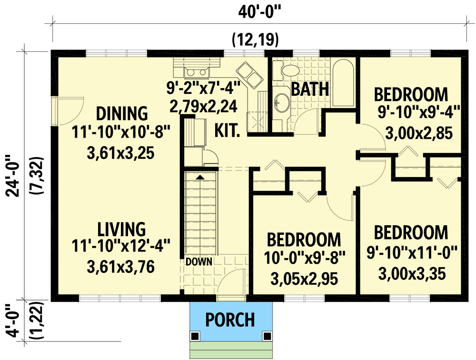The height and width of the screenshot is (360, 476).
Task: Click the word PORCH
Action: (x=230, y=320)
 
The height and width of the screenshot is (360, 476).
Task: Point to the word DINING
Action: (x=122, y=114)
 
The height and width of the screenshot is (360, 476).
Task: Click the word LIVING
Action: (x=122, y=229)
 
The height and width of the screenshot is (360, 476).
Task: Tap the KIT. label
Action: (x=227, y=129)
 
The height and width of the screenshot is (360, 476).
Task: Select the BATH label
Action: (x=310, y=89)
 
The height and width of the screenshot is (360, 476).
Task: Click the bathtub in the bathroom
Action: (x=343, y=83)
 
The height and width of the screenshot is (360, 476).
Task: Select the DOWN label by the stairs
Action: (x=199, y=261)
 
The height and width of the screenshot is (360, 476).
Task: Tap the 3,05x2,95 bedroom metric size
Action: (x=304, y=279)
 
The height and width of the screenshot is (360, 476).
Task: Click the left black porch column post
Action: (x=195, y=336)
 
